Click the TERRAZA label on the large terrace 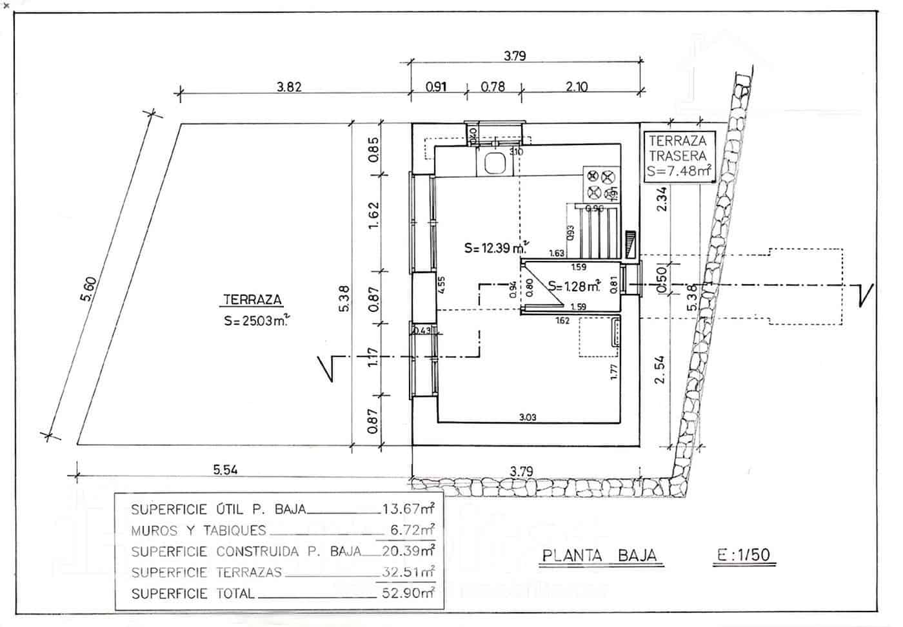pos(252,300)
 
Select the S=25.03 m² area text pos(255,322)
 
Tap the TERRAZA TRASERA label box pos(679,156)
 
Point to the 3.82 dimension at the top pos(289,86)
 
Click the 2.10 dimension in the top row pos(576,86)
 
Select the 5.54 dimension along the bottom pos(225,470)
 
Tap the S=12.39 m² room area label pos(495,247)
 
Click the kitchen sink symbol pos(495,164)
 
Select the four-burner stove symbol pos(600,184)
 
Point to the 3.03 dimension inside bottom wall pos(527,418)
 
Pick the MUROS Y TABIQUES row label pos(198,531)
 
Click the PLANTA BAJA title pos(599,555)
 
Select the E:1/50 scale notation pos(744,555)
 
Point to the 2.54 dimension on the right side pos(659,370)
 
